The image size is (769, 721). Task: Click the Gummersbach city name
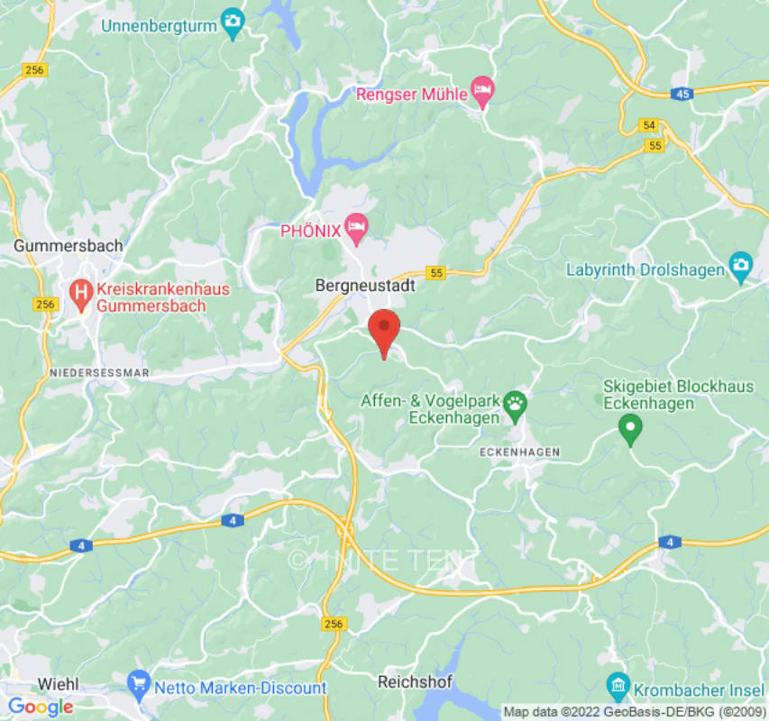pos(69,245)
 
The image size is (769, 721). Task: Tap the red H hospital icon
pos(81,292)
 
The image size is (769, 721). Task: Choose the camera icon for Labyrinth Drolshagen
pos(740,268)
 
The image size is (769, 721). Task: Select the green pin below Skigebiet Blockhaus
pos(630,430)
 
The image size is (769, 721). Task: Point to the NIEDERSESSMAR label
pos(99,372)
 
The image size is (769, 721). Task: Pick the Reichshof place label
pos(415,681)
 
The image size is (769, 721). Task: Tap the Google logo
pos(40,707)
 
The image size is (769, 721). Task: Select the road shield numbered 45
pos(682,93)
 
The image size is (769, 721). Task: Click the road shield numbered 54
pos(648,125)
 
